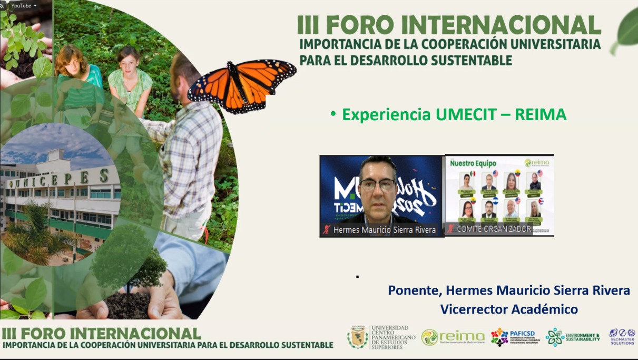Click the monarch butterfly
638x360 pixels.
point(242,84)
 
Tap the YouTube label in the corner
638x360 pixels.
point(21,6)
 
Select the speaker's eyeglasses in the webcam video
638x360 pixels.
point(378,184)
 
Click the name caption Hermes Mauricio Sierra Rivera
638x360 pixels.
point(385,230)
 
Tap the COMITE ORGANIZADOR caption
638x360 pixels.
point(494,229)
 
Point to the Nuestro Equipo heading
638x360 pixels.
point(473,163)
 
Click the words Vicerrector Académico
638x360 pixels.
point(509,309)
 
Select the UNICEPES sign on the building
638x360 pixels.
point(58,180)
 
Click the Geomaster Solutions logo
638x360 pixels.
point(622,337)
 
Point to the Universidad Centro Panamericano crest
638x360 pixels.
point(358,337)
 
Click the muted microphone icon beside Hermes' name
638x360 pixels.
point(327,230)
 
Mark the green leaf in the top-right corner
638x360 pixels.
point(627,29)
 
